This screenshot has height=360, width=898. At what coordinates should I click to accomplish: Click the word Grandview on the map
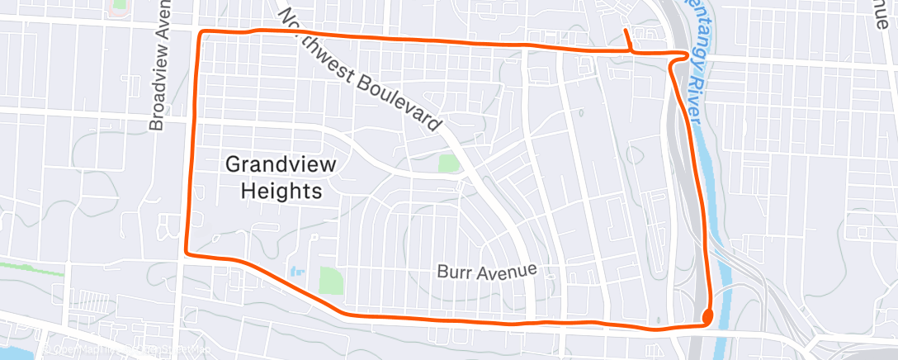pyautogui.click(x=281, y=164)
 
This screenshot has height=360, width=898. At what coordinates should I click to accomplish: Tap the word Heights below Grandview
pyautogui.click(x=281, y=192)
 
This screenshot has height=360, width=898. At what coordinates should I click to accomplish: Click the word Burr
pyautogui.click(x=453, y=272)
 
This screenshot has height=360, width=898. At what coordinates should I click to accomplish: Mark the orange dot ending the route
pyautogui.click(x=707, y=315)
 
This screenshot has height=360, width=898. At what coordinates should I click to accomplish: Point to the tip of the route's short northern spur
pyautogui.click(x=625, y=31)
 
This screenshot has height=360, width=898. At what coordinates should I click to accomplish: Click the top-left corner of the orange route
pyautogui.click(x=200, y=33)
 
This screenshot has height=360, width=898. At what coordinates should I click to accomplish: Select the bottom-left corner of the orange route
pyautogui.click(x=187, y=253)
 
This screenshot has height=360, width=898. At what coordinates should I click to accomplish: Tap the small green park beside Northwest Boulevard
pyautogui.click(x=447, y=163)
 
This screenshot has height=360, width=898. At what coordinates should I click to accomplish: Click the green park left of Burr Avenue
pyautogui.click(x=331, y=279)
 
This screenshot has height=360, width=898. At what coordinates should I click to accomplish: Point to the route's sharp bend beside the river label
pyautogui.click(x=685, y=55)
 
